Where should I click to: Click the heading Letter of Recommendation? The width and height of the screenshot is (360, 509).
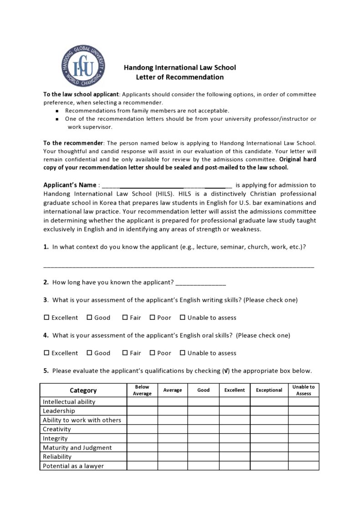(x=180, y=77)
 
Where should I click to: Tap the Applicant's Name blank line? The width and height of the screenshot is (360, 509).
(x=167, y=185)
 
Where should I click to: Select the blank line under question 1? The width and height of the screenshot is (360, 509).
(x=179, y=265)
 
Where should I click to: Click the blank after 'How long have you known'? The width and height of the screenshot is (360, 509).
(x=201, y=283)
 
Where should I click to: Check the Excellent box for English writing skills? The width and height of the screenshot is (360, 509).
(x=46, y=318)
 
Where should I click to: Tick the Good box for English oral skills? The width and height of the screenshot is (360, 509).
(x=89, y=353)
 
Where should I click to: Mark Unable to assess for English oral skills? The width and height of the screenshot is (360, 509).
(x=183, y=353)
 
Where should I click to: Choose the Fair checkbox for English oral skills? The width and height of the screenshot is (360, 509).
(x=125, y=353)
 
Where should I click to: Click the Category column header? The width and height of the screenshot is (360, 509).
(x=83, y=390)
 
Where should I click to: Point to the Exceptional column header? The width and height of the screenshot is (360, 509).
(x=269, y=390)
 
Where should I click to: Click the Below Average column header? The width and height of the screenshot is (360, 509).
(x=142, y=390)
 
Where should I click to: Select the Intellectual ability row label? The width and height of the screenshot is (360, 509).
(x=69, y=402)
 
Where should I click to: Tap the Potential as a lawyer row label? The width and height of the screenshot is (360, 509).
(x=73, y=466)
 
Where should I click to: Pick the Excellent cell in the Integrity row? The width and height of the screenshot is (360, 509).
(x=234, y=438)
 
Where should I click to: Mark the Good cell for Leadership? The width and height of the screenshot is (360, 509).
(x=203, y=411)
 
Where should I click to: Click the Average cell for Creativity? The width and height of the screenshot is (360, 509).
(x=173, y=429)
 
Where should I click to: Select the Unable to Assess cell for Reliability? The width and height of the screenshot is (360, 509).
(x=303, y=457)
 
